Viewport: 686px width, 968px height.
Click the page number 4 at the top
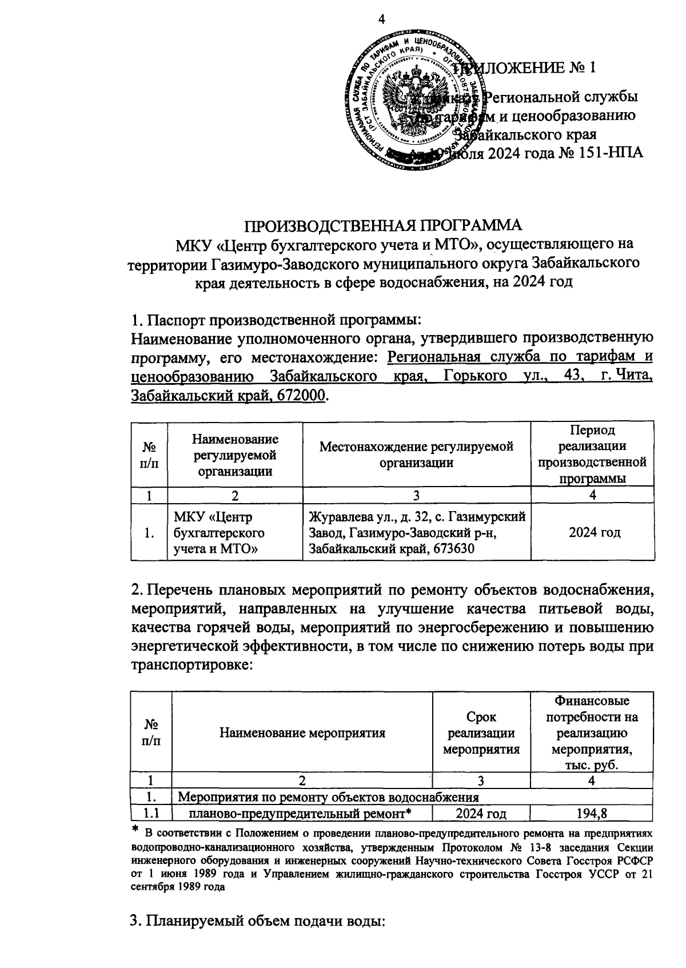point(382,19)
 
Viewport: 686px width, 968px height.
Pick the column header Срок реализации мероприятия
point(482,733)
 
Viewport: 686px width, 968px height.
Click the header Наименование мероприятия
point(302,733)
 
